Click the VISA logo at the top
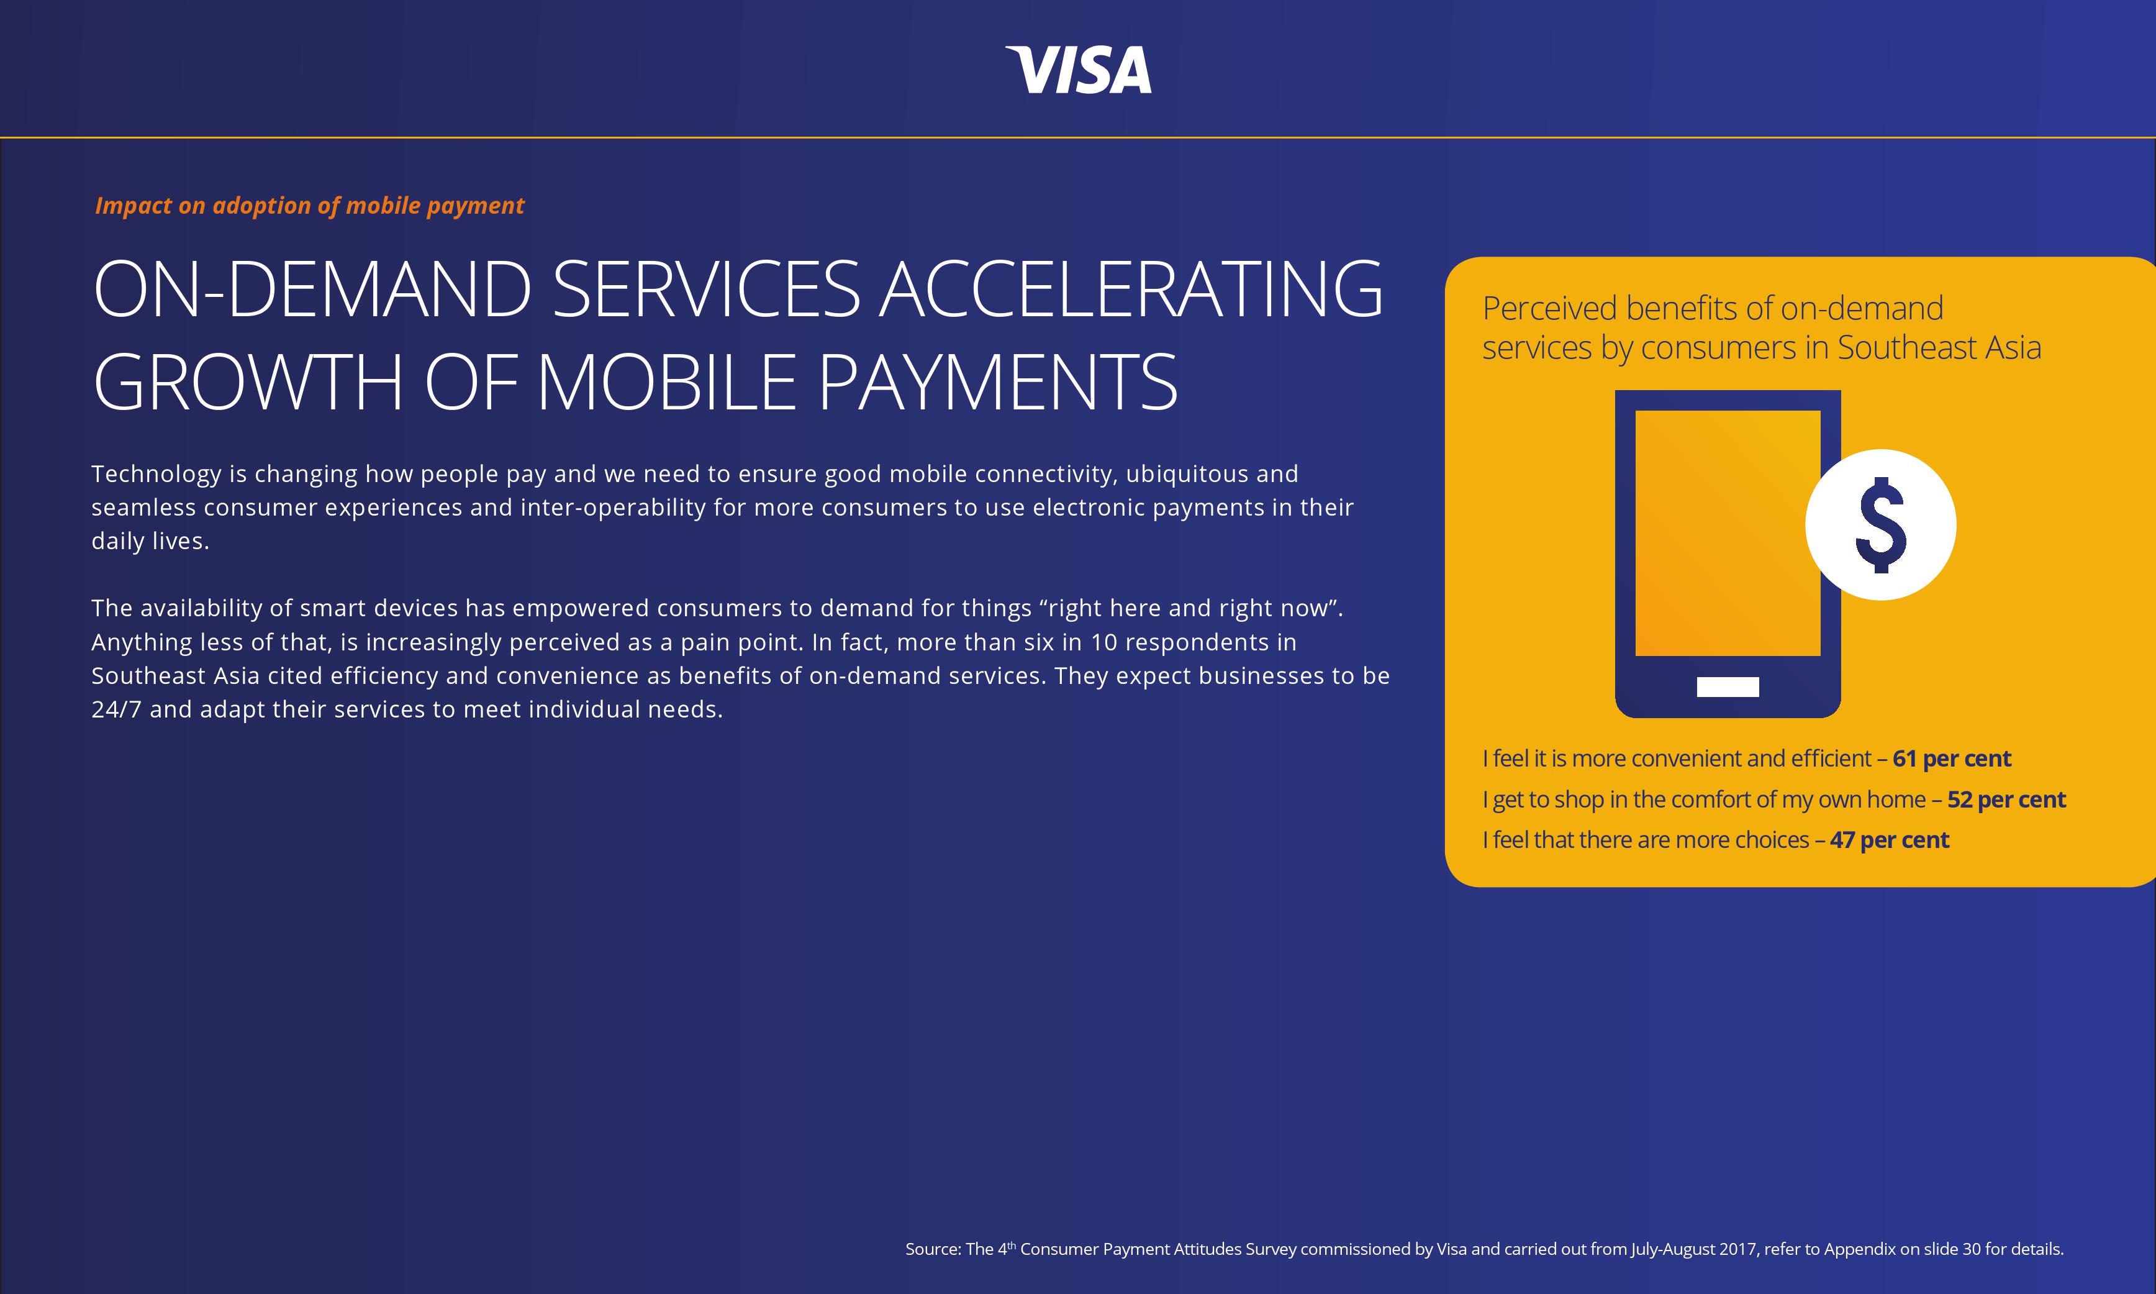point(1078,70)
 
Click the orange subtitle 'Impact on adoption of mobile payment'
point(309,206)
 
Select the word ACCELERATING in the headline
point(1130,289)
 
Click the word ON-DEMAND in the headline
point(312,289)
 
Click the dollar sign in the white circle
point(1881,525)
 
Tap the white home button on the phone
point(1728,687)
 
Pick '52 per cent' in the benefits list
point(2006,800)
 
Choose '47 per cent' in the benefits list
point(1890,840)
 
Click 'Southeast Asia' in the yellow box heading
point(1939,348)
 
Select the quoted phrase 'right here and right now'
point(1190,608)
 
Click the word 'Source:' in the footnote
point(933,1249)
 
